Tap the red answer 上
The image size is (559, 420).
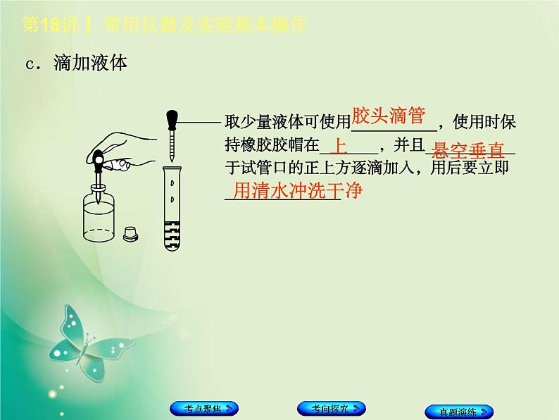click(x=339, y=147)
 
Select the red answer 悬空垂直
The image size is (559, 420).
click(x=469, y=149)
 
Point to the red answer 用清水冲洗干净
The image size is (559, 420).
click(x=296, y=190)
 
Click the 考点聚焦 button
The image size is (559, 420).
click(x=203, y=409)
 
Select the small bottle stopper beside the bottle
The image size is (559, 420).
click(x=130, y=234)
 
